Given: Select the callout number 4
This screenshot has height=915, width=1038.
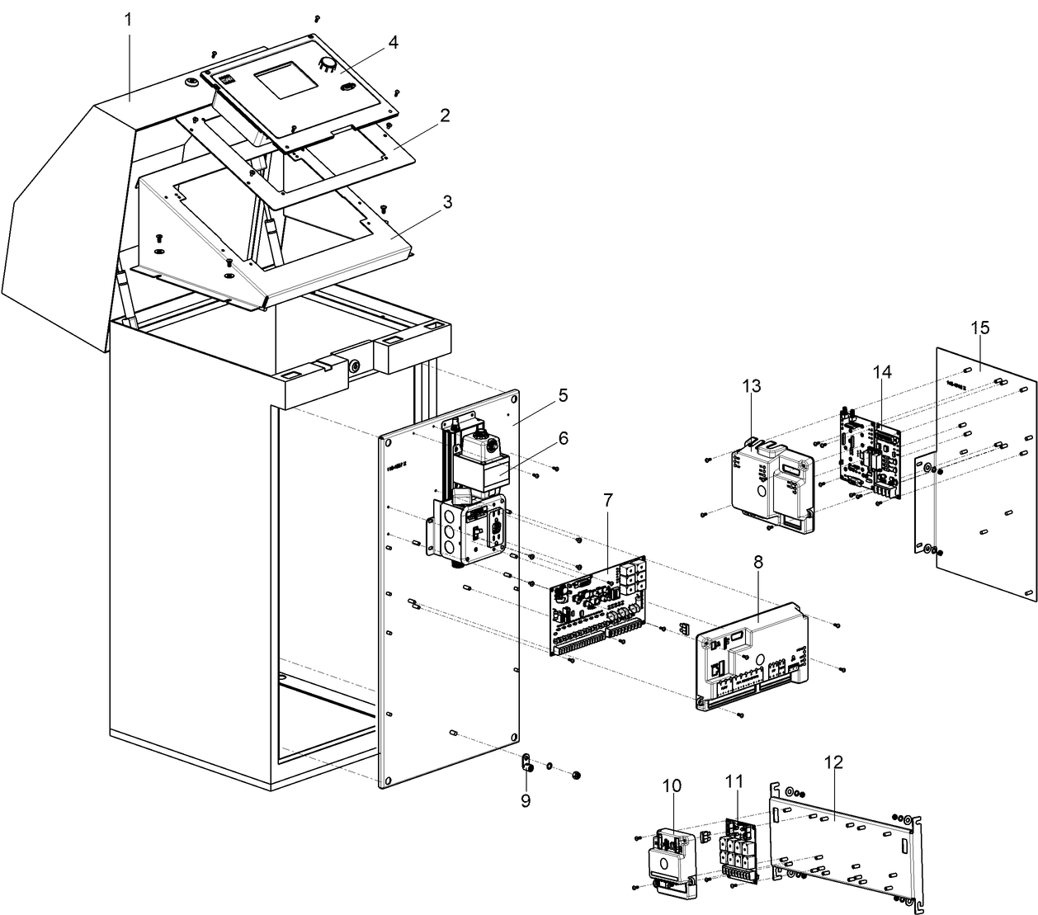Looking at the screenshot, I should coord(393,42).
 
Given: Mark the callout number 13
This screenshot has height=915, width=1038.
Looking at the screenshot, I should coord(751,386).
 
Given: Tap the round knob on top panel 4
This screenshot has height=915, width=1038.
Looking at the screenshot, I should coord(328,64).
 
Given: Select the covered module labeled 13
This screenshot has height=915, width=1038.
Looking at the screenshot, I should coord(771,487).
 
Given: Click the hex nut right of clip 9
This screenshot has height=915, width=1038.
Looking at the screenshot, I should coord(576,775).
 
